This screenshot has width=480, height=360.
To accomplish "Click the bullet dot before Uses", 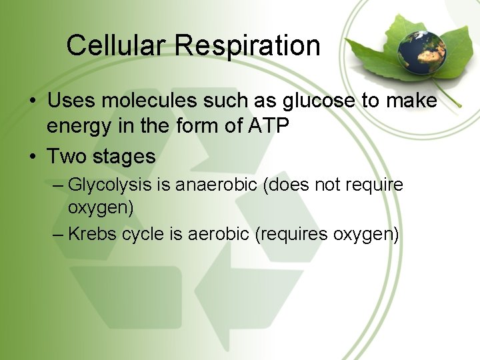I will (x=32, y=102).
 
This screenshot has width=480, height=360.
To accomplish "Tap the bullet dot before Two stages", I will (x=32, y=157).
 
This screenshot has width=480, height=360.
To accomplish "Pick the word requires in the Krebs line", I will (x=291, y=235).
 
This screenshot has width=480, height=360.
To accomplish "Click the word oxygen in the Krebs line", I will (x=365, y=235).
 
